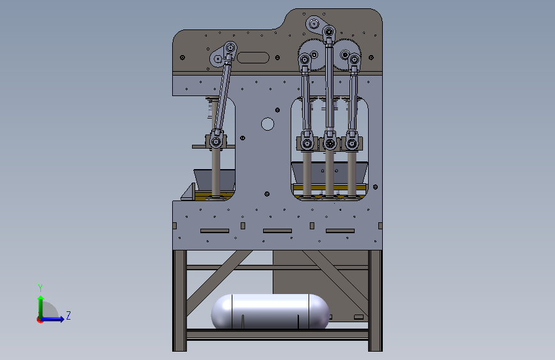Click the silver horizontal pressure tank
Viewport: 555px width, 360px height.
point(270,311)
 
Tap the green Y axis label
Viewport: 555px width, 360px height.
point(40,288)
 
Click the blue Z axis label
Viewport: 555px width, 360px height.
point(68,315)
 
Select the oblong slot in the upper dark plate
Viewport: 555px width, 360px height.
point(253,58)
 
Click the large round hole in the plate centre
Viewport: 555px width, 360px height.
point(268,124)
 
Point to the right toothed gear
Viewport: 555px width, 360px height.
point(347,55)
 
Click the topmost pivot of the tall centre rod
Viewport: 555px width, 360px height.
point(329,32)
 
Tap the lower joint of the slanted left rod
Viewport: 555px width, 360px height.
point(216,142)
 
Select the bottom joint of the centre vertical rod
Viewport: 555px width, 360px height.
point(330,144)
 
